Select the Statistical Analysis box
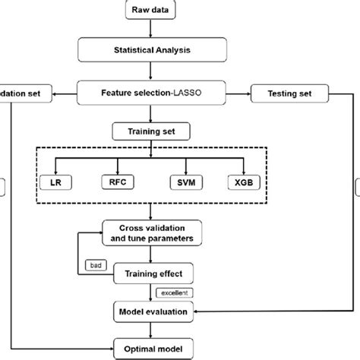pyautogui.click(x=153, y=52)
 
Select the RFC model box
pyautogui.click(x=118, y=182)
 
